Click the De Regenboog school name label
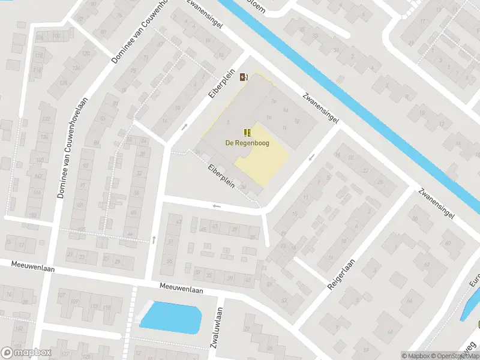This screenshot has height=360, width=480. (247, 143)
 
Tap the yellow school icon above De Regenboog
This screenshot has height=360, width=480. (247, 132)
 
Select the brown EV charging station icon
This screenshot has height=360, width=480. (243, 77)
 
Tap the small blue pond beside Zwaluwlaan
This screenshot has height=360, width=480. (170, 316)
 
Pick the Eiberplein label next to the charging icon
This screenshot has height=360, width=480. (219, 92)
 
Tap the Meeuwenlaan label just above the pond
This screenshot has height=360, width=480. (182, 290)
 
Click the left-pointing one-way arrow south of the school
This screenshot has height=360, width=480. (217, 206)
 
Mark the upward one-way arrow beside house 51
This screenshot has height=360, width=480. (154, 240)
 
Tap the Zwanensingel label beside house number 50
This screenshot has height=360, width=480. (436, 203)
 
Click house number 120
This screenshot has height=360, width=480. (85, 53)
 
